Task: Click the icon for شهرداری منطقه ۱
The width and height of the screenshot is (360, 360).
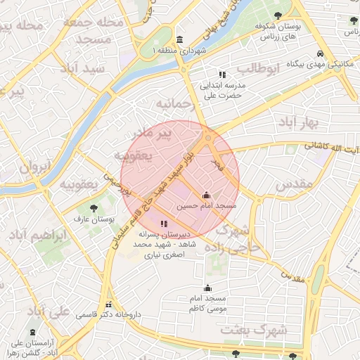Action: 181,39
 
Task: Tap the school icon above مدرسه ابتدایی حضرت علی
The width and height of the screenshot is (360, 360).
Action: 222,74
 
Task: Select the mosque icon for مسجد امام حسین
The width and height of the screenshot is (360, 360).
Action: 206,195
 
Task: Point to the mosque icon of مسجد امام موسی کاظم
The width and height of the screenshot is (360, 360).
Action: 207,288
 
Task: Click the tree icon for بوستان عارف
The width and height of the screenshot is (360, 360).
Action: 94,207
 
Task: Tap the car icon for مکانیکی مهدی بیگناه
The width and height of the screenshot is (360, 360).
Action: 320,53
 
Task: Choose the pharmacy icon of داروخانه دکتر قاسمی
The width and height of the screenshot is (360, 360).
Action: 108,304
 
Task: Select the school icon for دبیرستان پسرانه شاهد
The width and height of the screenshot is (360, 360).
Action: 164,224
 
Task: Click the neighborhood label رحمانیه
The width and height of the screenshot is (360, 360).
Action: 174,104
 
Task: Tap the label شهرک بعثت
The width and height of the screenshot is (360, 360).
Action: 254,329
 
